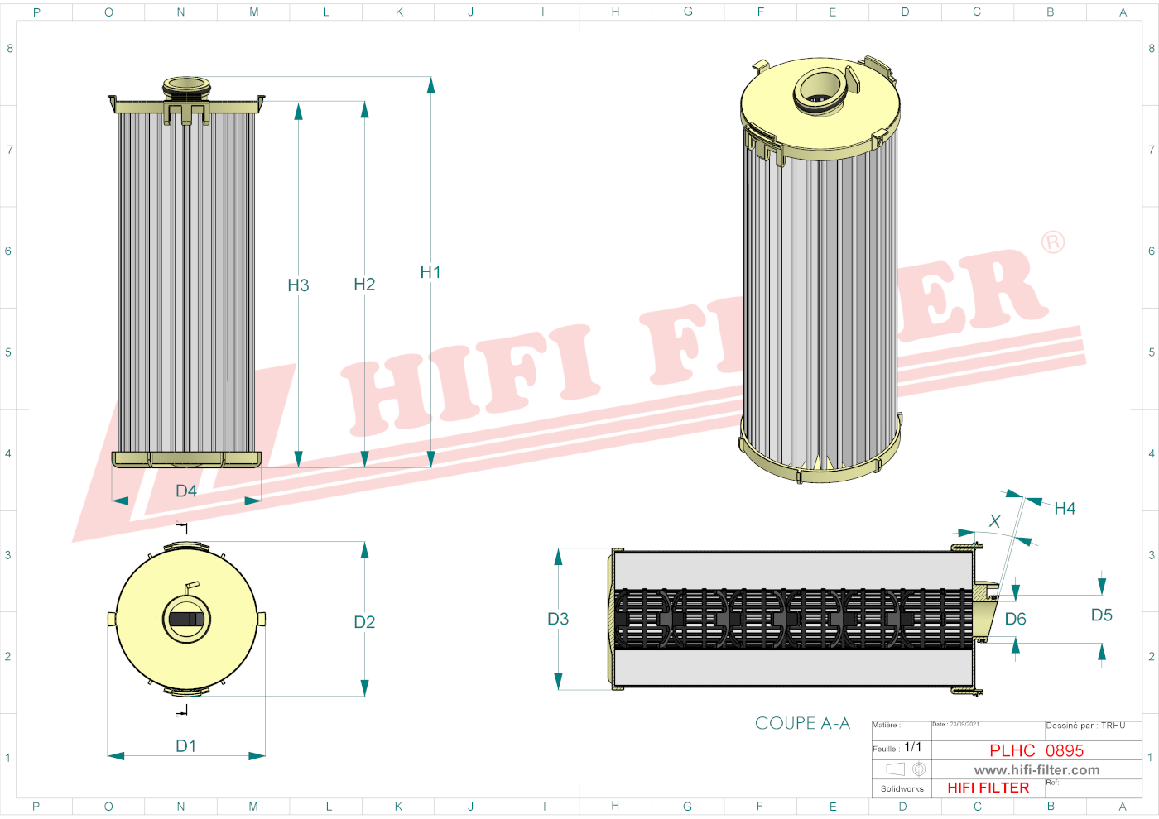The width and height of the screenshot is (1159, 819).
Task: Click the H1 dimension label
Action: pos(430,272)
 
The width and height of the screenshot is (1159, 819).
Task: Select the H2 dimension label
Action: pos(364,285)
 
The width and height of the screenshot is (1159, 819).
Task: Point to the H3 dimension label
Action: pos(298,285)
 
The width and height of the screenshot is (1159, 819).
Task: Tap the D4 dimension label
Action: pos(186,491)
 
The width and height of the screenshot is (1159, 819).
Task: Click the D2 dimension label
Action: pos(364,622)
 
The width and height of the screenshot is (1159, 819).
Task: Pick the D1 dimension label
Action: pos(186,746)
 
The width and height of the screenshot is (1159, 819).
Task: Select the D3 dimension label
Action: pos(558,619)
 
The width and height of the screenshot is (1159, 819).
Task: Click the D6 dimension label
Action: pos(1015,619)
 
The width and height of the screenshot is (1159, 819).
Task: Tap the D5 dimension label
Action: pos(1101,615)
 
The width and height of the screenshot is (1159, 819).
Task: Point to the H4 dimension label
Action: pos(1065,509)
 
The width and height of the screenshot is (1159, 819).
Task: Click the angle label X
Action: pos(994,521)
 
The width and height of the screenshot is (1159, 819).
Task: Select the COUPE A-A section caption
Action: pos(802,723)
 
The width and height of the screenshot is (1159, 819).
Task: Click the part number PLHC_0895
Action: pos(1036,750)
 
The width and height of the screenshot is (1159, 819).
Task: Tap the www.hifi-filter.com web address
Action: pos(1036,770)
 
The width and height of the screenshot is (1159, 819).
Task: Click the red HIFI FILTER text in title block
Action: pos(988,788)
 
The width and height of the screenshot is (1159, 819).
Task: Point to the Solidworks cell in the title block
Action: pos(902,788)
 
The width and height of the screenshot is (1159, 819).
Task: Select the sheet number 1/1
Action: pos(912,747)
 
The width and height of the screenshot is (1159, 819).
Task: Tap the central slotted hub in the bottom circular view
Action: pos(186,619)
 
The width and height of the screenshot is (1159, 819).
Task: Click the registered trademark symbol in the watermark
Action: pos(1052,242)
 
